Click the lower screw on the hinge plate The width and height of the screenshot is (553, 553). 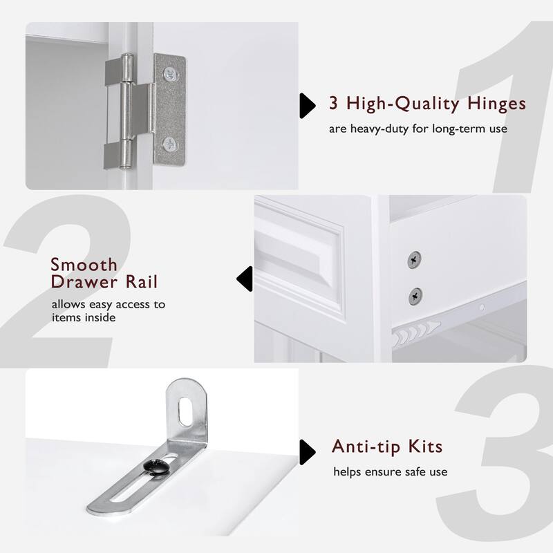[169, 144]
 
